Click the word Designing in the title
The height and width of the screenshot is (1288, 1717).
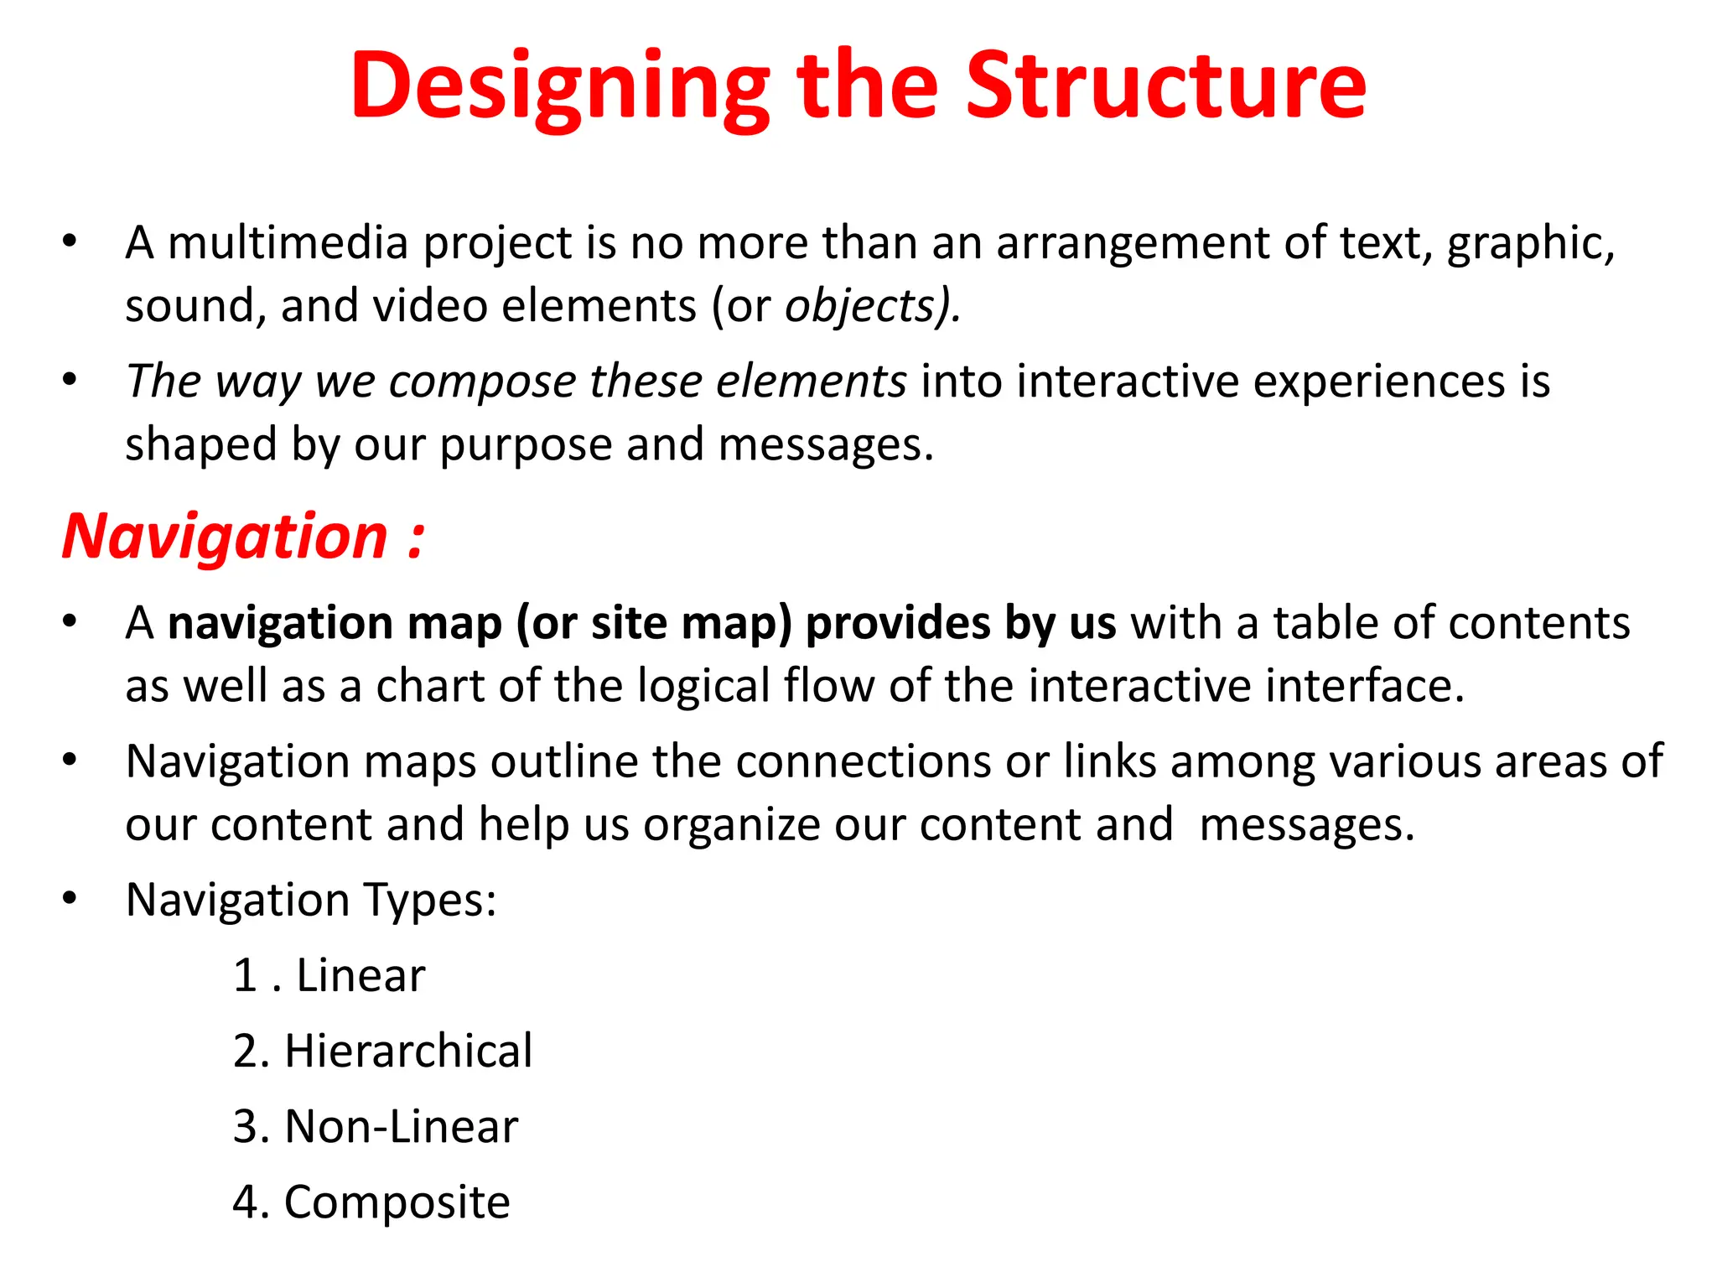point(559,87)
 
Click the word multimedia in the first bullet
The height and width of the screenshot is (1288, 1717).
point(288,242)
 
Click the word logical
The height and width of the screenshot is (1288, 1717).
point(703,686)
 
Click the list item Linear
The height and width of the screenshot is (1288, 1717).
point(361,975)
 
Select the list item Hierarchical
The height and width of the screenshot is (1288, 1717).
point(408,1051)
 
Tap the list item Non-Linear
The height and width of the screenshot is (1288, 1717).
point(401,1126)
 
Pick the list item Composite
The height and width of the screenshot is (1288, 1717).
point(397,1202)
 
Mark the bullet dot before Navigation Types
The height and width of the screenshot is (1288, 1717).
point(70,899)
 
